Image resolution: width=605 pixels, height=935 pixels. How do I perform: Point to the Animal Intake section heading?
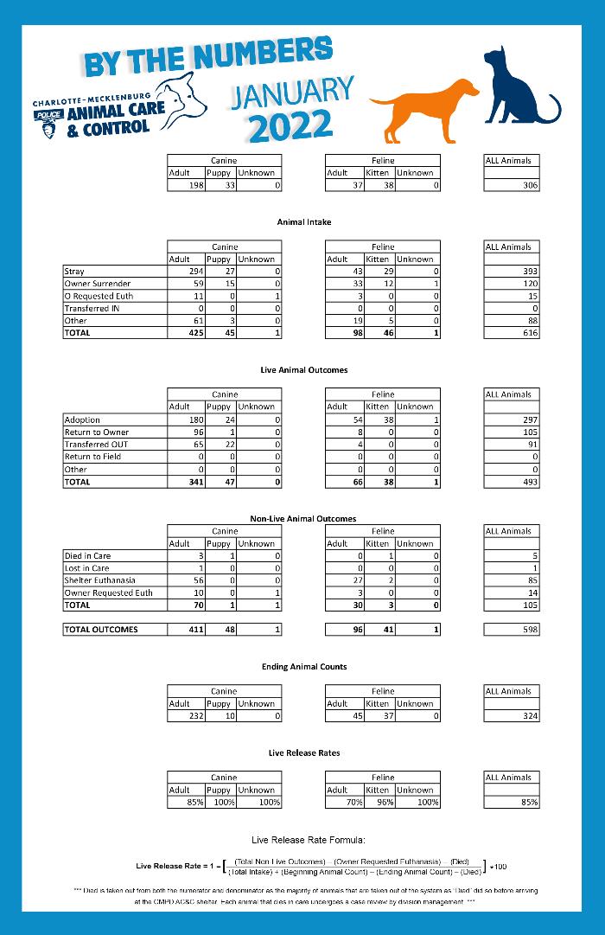point(304,222)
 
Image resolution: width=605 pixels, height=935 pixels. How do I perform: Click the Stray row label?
point(74,272)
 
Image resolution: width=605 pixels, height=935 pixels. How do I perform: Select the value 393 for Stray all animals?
point(526,272)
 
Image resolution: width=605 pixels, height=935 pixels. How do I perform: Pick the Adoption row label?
point(83,419)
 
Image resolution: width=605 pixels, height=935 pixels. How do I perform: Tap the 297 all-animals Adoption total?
point(526,419)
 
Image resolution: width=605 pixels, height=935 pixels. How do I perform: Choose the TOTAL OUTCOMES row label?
point(101,630)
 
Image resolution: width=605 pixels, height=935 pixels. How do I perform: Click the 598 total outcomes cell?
point(526,630)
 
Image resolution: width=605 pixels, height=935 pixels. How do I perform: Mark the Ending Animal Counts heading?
point(304,667)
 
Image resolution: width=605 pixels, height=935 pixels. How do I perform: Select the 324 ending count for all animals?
point(526,716)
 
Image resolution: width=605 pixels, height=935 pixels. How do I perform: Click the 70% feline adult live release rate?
point(353,803)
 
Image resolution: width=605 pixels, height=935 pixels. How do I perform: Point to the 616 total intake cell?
point(526,333)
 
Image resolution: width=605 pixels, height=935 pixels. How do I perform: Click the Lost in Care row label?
point(87,568)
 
